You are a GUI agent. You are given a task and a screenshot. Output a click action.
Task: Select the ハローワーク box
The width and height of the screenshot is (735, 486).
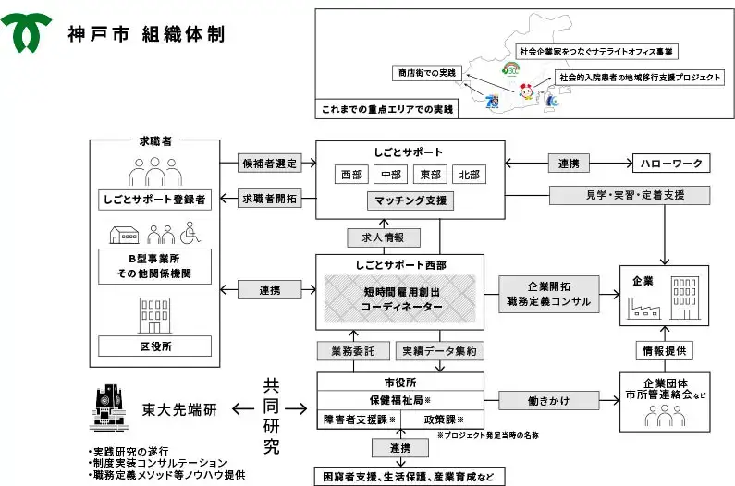pos(670,164)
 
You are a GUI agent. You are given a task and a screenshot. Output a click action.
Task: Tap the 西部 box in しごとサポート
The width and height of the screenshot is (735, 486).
pos(351,174)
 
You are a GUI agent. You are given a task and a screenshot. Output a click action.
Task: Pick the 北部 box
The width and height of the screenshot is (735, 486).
pos(469,174)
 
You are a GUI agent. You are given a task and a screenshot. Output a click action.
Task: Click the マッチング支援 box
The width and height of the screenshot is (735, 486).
pos(410,200)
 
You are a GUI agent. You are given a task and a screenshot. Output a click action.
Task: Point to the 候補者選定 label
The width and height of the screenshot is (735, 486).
pos(269,164)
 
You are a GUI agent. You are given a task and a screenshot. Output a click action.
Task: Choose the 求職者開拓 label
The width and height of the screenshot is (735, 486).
pos(269,199)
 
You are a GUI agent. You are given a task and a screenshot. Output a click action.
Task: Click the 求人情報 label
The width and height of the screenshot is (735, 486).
pos(376,237)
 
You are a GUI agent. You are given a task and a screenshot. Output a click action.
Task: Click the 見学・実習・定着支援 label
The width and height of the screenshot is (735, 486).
pos(629,195)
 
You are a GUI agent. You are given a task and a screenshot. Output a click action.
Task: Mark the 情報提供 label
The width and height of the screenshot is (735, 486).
pos(663,351)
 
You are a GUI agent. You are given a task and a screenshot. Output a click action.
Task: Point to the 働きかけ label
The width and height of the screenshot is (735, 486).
pos(547,401)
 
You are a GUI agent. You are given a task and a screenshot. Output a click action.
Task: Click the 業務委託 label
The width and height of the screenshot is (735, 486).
pos(348,351)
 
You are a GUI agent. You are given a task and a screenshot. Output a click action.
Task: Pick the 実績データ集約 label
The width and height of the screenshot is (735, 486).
pos(439,351)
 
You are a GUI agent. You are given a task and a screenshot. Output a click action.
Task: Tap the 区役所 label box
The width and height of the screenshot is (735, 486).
pos(153,346)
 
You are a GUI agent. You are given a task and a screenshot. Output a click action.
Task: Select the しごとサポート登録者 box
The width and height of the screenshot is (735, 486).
pos(153,199)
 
